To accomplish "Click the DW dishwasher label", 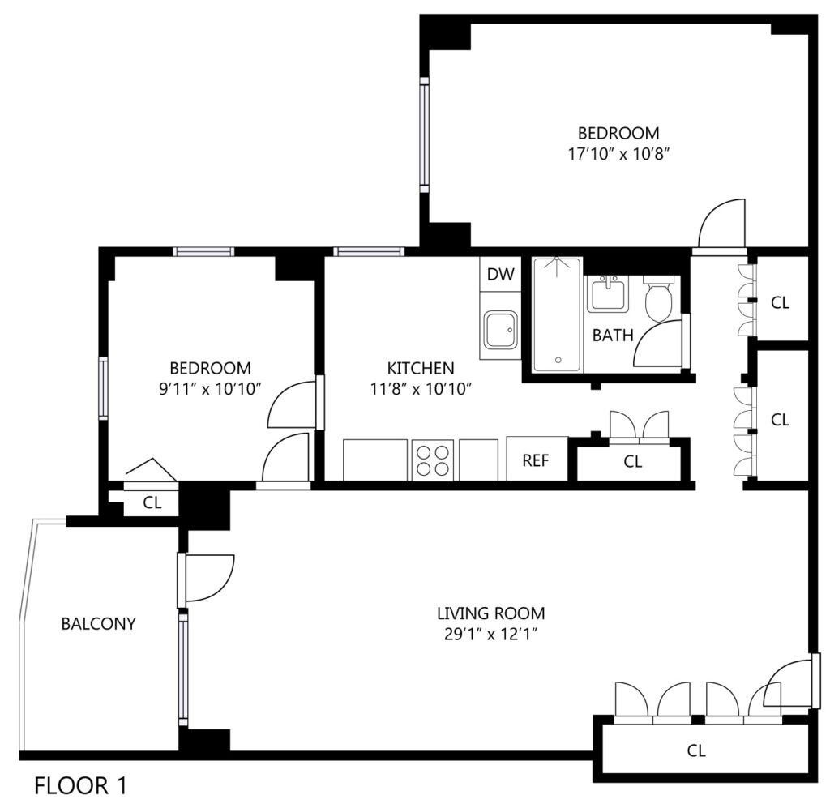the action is (500, 274).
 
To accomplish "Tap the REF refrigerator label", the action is (536, 460).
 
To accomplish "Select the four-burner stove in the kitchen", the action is (433, 460).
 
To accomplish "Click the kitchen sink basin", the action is (500, 330).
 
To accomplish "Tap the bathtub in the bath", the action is (558, 314).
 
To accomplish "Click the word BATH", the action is (613, 335).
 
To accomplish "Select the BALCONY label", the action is (98, 623).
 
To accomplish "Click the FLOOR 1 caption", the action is (80, 786).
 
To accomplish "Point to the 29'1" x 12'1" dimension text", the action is (490, 634).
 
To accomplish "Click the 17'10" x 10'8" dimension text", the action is (618, 154).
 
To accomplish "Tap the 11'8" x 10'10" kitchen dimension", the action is (421, 389).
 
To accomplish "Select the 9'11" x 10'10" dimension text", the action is (210, 389).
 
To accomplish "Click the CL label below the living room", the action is (696, 750).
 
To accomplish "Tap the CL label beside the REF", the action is (632, 461).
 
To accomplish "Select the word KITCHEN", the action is (421, 368).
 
